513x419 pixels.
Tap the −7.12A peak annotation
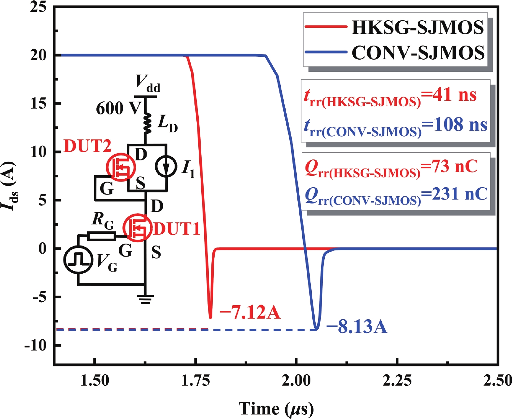point(250,312)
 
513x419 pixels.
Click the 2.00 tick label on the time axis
point(296,380)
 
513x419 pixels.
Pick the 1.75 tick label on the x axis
point(195,380)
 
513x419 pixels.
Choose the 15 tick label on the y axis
point(38,103)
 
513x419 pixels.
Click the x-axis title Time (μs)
point(276,409)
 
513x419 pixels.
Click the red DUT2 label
point(87,146)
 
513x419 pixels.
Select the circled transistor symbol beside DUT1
point(137,228)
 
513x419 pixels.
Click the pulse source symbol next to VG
point(78,260)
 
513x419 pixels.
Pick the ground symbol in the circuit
point(145,299)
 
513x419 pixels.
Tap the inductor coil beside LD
point(148,124)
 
